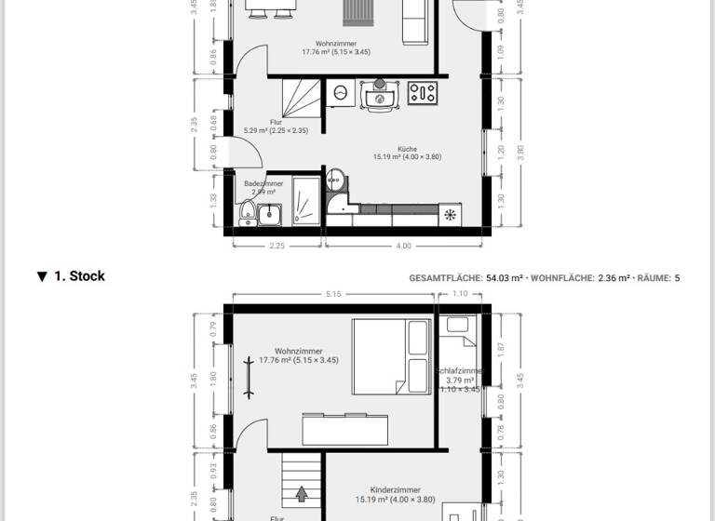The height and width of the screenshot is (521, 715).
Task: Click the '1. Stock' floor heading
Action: tap(78, 276)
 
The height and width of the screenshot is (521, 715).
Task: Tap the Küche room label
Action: tap(407, 148)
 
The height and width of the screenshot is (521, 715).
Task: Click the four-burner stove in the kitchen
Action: tap(423, 93)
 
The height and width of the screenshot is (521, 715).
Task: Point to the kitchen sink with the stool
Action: tap(380, 96)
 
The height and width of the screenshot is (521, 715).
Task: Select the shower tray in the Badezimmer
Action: tap(305, 201)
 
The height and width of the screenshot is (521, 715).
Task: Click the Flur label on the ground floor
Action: tap(276, 122)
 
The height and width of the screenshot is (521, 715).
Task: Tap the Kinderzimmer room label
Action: tap(395, 489)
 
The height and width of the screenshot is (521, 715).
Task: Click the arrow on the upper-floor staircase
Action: tap(301, 493)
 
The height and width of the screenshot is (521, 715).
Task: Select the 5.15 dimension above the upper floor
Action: tap(334, 294)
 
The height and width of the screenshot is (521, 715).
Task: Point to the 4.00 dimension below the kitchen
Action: tap(403, 247)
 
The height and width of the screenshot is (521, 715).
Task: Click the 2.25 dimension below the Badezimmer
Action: tap(277, 247)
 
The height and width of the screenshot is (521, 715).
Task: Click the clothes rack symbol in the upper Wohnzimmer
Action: tap(250, 375)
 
